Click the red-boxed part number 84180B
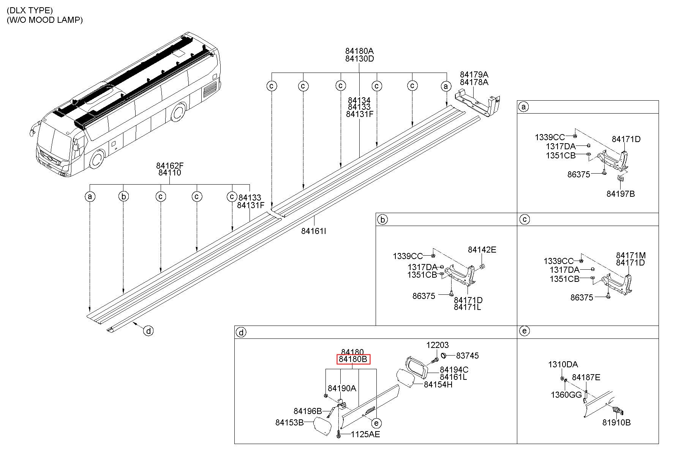pos(353,359)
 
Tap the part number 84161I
pos(314,231)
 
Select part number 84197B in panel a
pos(621,194)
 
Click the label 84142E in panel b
pos(482,250)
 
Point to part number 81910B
pos(616,422)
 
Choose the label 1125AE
pos(365,434)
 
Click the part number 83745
pos(468,356)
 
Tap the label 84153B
pos(289,422)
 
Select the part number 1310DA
pos(563,365)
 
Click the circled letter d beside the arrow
pos(149,331)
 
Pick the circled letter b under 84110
pos(123,196)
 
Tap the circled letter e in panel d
pos(376,423)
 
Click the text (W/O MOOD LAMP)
pos(45,20)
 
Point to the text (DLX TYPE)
pos(30,11)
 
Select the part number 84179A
pos(474,74)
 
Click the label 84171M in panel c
pos(631,256)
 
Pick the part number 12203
pos(437,345)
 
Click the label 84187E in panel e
pos(586,377)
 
